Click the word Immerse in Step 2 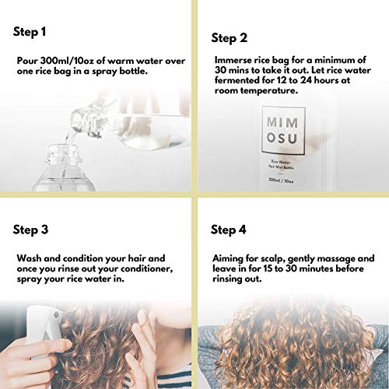pos(233,59)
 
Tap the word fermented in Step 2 pos(239,81)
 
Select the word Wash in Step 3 pos(30,256)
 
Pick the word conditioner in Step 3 pos(149,267)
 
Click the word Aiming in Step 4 pos(230,257)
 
